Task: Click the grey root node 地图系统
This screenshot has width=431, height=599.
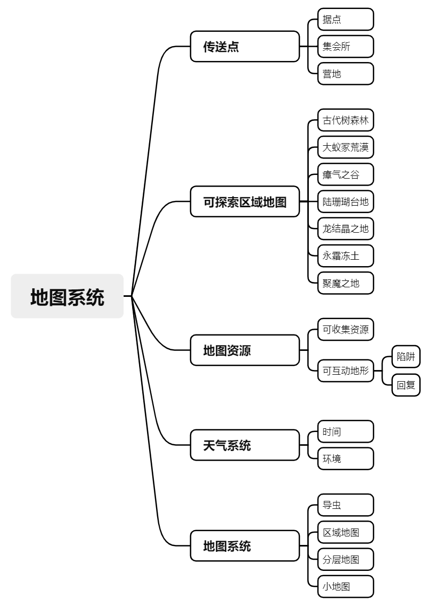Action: point(67,296)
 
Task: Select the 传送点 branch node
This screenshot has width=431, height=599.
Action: point(245,47)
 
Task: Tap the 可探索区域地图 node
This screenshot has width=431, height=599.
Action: point(245,202)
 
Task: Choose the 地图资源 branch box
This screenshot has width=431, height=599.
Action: point(245,350)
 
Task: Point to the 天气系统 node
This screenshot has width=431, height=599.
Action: point(245,445)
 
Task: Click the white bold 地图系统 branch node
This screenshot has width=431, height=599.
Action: point(245,546)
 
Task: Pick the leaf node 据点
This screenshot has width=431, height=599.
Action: point(345,20)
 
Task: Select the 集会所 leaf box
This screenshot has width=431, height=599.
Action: point(345,47)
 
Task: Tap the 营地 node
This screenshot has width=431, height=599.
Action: point(345,74)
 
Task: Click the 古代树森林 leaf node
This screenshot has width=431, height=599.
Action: point(345,120)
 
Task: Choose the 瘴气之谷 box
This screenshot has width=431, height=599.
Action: point(345,174)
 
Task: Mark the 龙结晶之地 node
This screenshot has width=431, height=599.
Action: point(345,228)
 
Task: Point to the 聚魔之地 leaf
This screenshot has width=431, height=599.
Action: point(345,283)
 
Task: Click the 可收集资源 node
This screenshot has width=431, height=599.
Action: point(345,329)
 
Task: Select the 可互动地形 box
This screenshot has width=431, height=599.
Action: point(345,371)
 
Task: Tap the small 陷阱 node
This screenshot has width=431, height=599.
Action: point(406,357)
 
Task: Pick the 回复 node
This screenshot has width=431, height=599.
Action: point(406,385)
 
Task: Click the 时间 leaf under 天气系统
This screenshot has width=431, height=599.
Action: point(345,431)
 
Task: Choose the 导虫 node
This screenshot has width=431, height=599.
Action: point(345,505)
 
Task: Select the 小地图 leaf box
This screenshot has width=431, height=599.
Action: point(345,586)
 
